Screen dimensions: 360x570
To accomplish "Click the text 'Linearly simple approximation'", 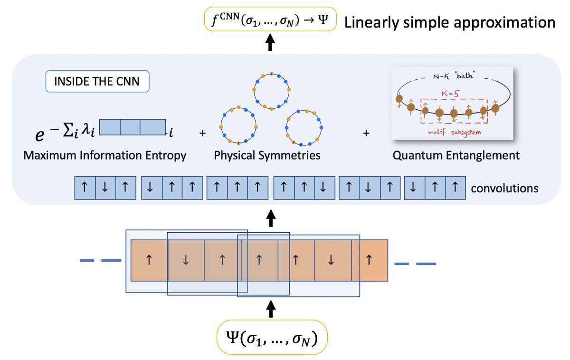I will coord(450,22).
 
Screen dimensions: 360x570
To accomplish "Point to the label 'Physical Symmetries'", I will coord(267,155).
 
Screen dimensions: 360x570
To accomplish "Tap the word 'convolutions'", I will coord(504,189).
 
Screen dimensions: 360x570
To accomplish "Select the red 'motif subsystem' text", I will coord(453,132).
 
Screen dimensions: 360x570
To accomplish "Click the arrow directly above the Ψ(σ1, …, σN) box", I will coord(271,310).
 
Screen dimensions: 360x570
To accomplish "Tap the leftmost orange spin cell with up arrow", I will coord(149,260).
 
